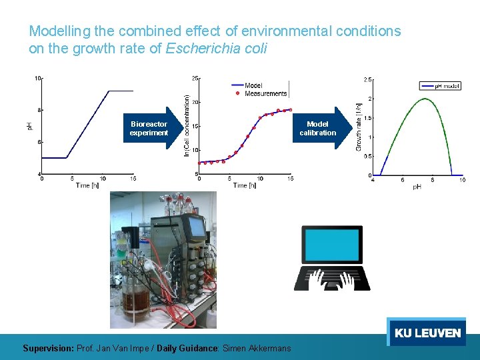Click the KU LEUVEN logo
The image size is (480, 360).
427,333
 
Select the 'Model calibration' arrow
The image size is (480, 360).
320,128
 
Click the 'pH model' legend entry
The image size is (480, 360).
447,85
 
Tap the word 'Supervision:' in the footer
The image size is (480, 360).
49,348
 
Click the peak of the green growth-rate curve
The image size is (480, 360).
425,99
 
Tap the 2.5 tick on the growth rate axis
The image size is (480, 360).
367,79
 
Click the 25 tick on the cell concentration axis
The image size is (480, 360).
195,78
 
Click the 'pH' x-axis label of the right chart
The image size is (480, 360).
417,187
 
